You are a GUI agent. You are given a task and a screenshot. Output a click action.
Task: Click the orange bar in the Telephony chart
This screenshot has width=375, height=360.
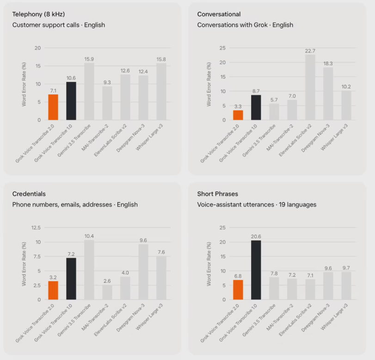53,107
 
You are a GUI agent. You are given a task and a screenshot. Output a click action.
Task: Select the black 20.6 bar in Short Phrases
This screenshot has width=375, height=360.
256,270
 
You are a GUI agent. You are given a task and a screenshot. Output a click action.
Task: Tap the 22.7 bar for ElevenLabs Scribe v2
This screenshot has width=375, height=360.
310,87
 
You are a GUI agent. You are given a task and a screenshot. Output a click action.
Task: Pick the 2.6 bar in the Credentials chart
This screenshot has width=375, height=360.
107,292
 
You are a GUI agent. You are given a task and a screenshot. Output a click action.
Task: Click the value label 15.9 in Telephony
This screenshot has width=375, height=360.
89,59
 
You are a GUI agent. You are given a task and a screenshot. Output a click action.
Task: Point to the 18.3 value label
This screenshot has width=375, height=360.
328,63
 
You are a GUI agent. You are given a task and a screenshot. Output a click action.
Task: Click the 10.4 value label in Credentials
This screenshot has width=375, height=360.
89,236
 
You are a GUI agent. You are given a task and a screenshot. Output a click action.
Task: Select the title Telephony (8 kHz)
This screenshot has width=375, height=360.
38,14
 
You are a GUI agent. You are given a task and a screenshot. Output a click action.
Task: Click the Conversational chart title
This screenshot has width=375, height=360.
219,14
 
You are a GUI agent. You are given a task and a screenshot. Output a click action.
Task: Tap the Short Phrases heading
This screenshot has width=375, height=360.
218,193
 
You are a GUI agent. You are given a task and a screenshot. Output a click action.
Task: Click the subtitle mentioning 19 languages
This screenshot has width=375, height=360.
257,205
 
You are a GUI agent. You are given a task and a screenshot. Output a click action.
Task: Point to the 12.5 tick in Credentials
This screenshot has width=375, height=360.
36,228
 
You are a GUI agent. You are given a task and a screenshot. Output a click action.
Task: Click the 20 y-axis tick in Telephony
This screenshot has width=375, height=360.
37,48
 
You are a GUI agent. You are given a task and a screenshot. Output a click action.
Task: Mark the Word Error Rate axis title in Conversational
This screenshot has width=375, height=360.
209,84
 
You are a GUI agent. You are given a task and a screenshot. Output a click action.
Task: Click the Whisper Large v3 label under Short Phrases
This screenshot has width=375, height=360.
334,317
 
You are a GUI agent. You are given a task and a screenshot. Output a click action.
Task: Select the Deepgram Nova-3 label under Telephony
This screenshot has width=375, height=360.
130,138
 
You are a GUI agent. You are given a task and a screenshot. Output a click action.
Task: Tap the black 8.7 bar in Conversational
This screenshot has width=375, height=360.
256,107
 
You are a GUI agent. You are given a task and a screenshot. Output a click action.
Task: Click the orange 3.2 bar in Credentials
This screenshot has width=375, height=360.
53,290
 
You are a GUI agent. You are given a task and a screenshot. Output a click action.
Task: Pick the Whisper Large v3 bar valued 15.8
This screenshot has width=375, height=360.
161,92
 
